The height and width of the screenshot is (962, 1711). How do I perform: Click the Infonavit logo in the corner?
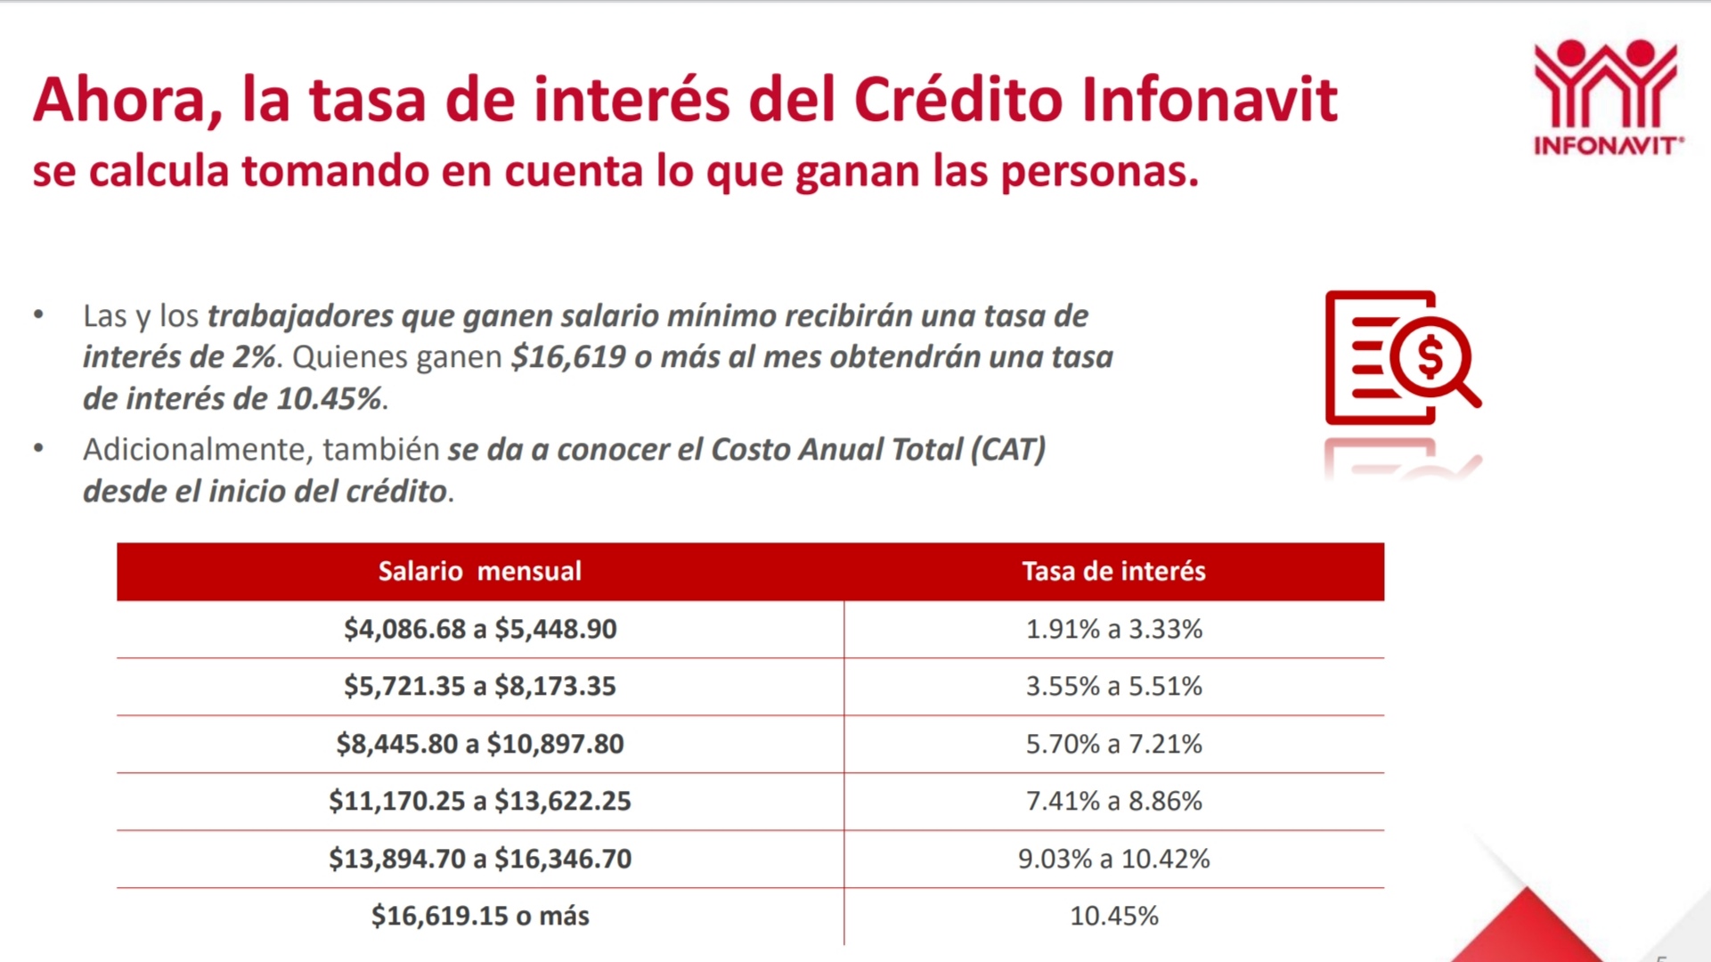tap(1607, 96)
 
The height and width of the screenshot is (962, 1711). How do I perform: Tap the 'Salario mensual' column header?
tap(479, 571)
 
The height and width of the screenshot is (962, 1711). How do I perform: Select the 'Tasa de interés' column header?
tap(1113, 571)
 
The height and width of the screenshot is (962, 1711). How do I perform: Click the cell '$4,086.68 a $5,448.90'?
tap(479, 629)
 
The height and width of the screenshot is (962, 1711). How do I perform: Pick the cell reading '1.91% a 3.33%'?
tap(1113, 629)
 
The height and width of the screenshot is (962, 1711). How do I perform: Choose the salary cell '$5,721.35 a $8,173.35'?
tap(479, 686)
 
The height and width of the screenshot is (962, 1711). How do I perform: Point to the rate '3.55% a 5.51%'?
tap(1113, 686)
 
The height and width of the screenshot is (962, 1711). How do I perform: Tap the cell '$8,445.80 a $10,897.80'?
tap(479, 744)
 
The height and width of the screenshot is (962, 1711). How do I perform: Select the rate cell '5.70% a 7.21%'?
tap(1113, 744)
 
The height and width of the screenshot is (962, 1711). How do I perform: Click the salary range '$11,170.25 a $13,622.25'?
tap(479, 801)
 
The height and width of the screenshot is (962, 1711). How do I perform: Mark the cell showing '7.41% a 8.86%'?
tap(1113, 801)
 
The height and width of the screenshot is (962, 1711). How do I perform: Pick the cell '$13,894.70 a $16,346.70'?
tap(479, 859)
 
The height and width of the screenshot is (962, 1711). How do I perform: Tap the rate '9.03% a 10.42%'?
tap(1113, 859)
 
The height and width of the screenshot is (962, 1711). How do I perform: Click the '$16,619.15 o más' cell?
tap(479, 916)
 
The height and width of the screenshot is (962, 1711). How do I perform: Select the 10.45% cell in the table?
tap(1113, 916)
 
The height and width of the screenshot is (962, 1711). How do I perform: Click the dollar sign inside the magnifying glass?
tap(1430, 358)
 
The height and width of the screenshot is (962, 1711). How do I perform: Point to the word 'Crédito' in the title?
tap(958, 100)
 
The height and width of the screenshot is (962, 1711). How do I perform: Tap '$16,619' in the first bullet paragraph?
tap(568, 357)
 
